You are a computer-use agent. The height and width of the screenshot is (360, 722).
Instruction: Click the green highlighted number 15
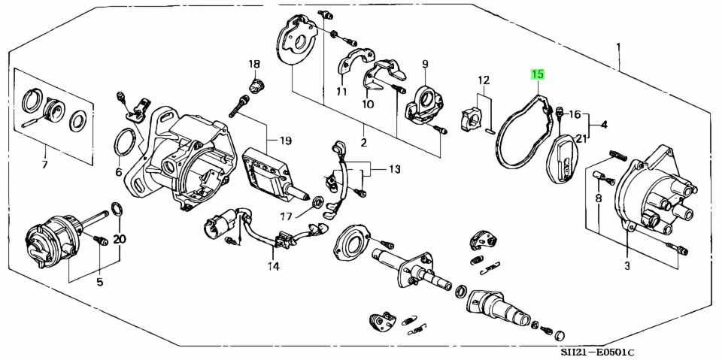(x=538, y=74)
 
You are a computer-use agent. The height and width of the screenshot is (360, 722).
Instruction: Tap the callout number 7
(x=44, y=165)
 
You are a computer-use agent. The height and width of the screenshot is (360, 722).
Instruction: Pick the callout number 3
(x=626, y=265)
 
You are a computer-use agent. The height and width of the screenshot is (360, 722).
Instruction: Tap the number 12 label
(x=483, y=80)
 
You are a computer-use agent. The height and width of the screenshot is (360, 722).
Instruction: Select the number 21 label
(x=581, y=138)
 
